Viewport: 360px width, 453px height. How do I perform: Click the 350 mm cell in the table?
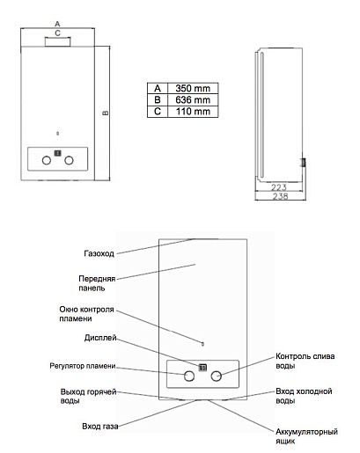tap(193, 88)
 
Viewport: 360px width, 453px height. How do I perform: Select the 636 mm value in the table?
tap(193, 100)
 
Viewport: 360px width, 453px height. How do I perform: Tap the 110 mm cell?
tap(193, 112)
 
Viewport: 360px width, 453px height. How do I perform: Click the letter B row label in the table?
tap(158, 100)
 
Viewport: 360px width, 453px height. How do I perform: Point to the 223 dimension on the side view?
tap(279, 187)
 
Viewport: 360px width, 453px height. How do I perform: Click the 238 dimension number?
tap(280, 196)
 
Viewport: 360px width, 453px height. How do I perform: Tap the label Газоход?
tap(99, 253)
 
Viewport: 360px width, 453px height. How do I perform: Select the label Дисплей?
tap(100, 338)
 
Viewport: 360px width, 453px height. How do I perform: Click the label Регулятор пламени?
tap(83, 366)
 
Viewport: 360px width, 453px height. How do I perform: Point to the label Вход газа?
tap(100, 426)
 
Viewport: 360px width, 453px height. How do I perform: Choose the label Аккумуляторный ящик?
tap(306, 436)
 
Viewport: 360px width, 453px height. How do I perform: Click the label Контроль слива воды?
tap(305, 361)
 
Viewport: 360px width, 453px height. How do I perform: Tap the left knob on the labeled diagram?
tap(189, 376)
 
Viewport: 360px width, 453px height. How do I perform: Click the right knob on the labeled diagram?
tap(216, 376)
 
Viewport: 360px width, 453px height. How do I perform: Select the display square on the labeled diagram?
tap(202, 368)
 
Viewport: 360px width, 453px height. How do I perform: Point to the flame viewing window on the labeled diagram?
tap(202, 344)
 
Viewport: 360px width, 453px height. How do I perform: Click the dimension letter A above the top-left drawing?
tap(57, 24)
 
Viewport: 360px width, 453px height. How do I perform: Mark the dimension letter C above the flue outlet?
tap(57, 33)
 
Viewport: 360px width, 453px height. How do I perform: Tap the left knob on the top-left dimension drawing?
tap(47, 160)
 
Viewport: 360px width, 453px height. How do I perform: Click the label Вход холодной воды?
tap(304, 396)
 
